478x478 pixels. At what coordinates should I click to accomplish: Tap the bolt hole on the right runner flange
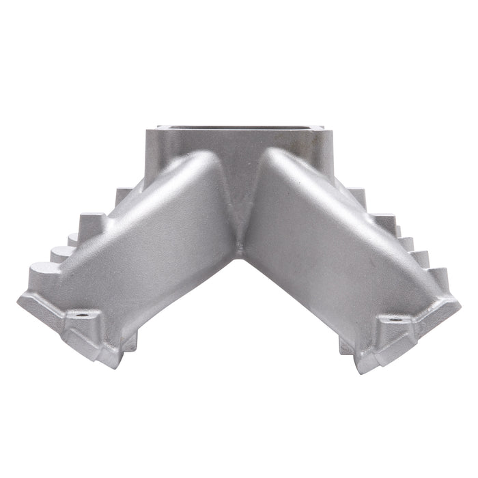point(395,319)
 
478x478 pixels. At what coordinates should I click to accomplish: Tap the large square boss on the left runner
point(93,223)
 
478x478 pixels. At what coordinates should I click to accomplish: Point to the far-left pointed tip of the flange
point(18,299)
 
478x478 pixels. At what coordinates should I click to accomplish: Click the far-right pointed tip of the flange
point(460,303)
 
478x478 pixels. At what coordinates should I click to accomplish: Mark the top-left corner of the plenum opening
point(158,127)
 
